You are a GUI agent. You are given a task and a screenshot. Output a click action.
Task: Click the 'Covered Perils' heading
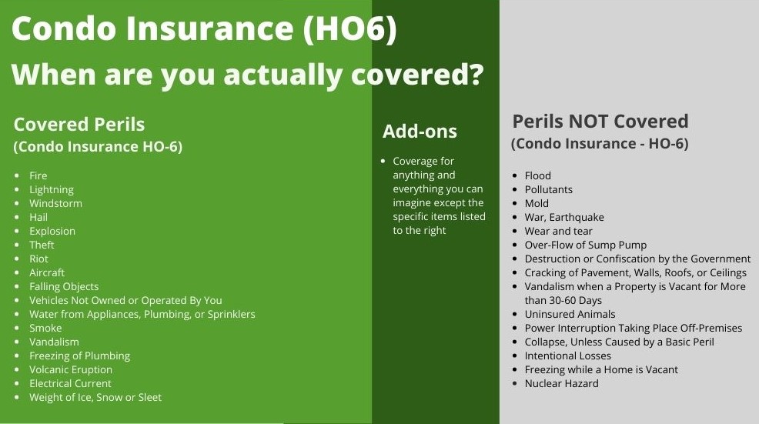tap(79, 125)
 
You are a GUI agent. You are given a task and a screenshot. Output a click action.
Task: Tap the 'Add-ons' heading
tap(420, 131)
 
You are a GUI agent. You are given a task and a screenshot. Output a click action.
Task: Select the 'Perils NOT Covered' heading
tap(600, 121)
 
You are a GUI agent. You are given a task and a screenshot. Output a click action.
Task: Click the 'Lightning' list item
tap(52, 190)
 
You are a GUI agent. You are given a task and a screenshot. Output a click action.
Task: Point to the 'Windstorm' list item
tap(55, 203)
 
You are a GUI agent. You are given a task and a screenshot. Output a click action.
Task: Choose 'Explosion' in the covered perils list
tap(52, 232)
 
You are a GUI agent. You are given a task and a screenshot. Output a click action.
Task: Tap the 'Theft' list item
tap(42, 245)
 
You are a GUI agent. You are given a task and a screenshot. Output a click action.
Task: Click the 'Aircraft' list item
tap(46, 272)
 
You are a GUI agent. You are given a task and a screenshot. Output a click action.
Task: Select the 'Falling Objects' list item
tap(64, 286)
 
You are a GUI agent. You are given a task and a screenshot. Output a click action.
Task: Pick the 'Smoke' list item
tap(45, 328)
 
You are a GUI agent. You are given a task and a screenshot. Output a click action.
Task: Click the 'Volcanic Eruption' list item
tap(71, 370)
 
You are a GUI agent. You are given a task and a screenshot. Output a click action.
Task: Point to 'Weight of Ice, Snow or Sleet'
tap(95, 397)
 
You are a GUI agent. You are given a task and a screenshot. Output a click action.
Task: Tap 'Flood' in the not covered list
tap(538, 175)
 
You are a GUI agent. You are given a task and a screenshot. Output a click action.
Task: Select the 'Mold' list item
tap(537, 203)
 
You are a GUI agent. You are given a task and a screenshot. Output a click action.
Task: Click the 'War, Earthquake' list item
tap(564, 217)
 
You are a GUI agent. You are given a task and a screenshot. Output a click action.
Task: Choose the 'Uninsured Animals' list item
tap(570, 314)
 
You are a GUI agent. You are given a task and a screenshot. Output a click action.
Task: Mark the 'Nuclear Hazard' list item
tap(561, 383)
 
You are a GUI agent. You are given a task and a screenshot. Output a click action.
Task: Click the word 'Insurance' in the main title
tap(210, 28)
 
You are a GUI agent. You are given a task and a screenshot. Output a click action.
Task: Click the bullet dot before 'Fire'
tap(18, 175)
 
